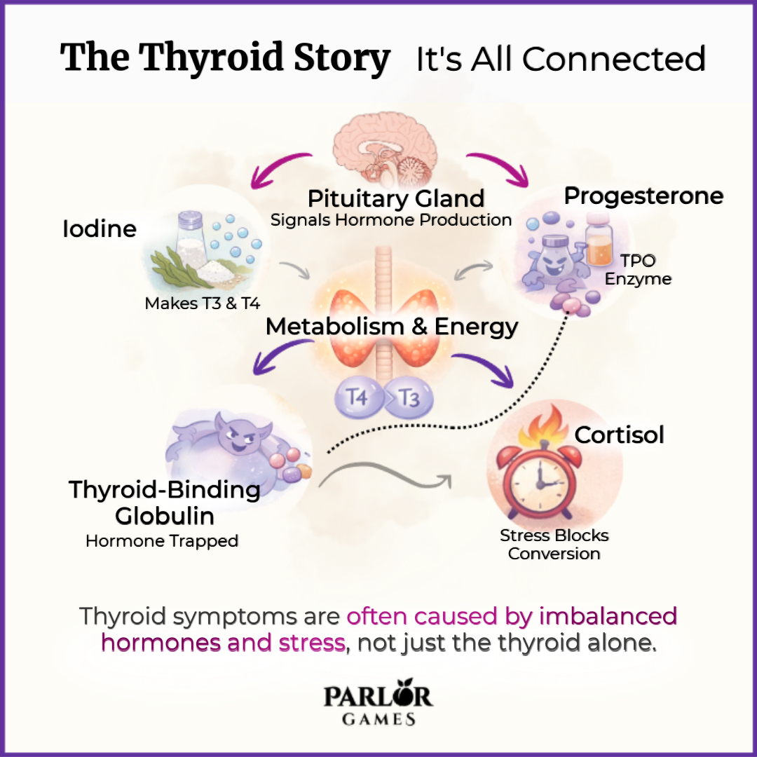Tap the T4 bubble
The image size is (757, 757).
click(359, 398)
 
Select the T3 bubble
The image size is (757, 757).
click(409, 398)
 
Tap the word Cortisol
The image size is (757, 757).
click(619, 435)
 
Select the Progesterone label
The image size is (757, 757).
click(643, 196)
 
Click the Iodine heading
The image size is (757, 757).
click(100, 229)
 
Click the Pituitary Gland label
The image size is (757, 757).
click(396, 198)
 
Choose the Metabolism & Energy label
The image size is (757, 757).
click(392, 327)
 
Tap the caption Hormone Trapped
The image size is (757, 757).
click(162, 541)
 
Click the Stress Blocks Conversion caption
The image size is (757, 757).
click(554, 545)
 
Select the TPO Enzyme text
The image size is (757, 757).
click(638, 270)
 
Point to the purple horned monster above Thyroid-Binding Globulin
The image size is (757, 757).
click(238, 438)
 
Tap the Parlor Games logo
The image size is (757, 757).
click(378, 704)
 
